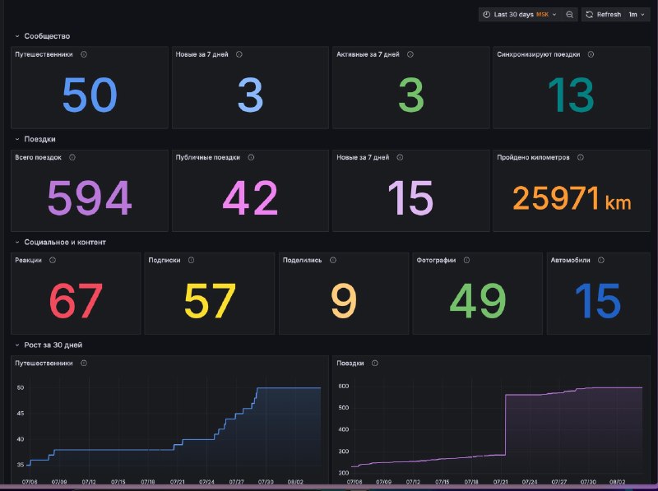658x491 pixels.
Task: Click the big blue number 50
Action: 90,95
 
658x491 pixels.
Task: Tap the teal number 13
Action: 571,95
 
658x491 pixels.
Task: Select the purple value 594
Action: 90,197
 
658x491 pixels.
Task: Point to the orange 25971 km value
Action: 572,197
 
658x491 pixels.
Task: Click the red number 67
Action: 76,300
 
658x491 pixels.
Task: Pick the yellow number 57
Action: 210,300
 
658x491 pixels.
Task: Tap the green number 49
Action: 478,300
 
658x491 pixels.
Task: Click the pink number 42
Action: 250,197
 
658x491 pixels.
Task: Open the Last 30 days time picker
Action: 520,14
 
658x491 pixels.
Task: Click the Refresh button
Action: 604,14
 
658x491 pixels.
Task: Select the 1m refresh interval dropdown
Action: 636,14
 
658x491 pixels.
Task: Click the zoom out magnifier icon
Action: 569,15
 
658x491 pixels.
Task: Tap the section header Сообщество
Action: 47,36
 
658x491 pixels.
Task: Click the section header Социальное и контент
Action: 65,242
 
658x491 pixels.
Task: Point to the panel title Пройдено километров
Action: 533,157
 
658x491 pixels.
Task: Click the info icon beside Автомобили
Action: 601,260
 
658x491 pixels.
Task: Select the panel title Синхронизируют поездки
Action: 539,54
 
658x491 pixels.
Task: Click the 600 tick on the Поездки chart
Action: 343,386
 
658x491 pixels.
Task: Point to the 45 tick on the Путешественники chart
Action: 20,414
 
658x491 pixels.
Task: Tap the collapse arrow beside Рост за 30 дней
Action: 17,345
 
